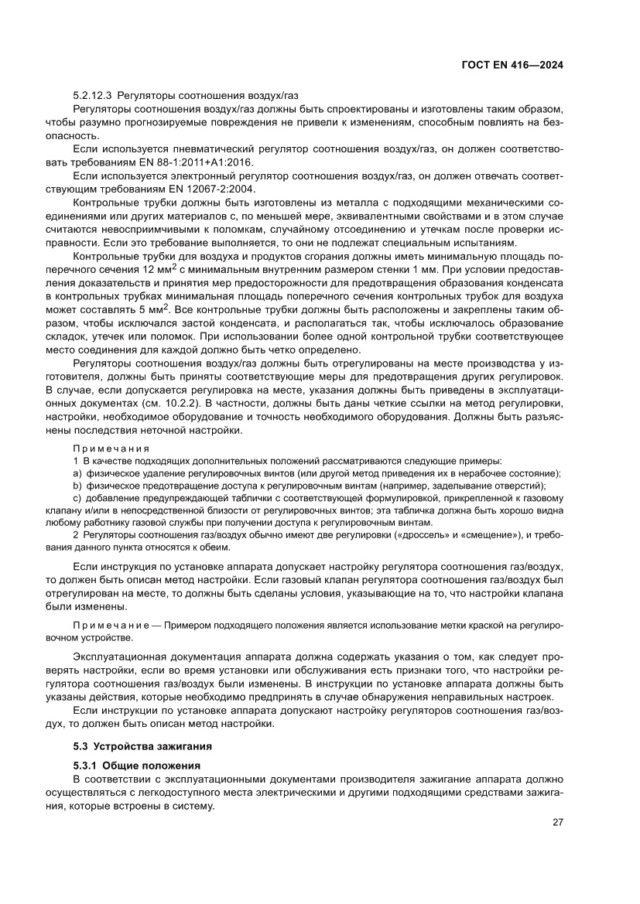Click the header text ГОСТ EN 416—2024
point(513,65)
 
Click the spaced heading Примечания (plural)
point(111,448)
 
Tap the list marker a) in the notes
point(77,473)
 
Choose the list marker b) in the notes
point(77,486)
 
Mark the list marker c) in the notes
point(77,498)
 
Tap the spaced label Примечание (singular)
point(110,624)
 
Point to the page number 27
point(557,822)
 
